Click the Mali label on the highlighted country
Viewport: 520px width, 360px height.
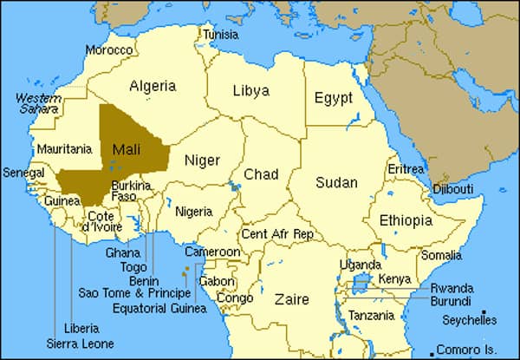tap(127, 149)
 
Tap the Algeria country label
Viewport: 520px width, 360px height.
tap(153, 86)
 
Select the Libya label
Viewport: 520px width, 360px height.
tap(251, 90)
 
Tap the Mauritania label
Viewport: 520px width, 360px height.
tap(65, 149)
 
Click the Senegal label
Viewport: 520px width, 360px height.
tap(23, 173)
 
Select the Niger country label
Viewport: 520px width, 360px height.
tap(202, 160)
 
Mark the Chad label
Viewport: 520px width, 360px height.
tap(260, 174)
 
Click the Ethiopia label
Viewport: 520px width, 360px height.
tap(406, 220)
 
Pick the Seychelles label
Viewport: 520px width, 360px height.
tap(470, 320)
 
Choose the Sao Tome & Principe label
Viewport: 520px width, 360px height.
tap(133, 292)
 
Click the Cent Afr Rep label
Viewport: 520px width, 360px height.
tap(277, 234)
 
